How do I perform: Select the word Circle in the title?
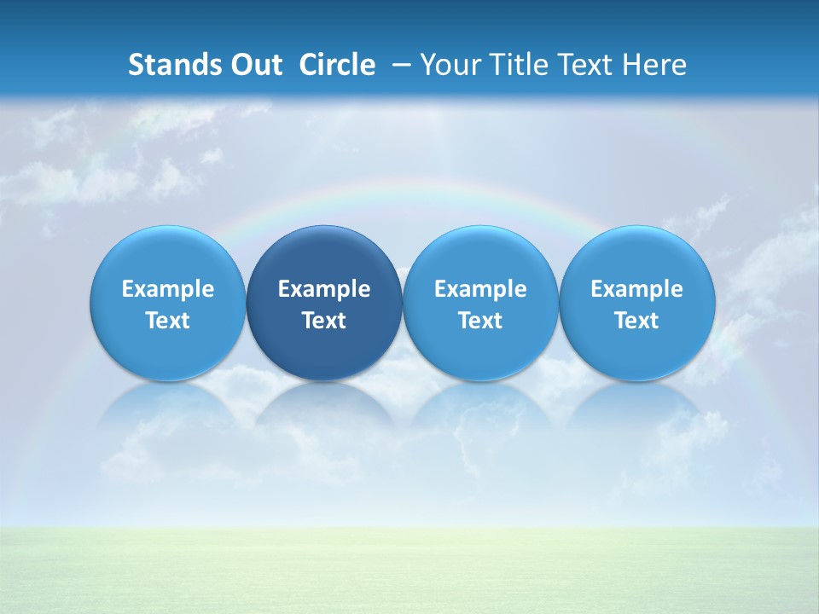(x=337, y=65)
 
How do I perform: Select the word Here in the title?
(x=654, y=65)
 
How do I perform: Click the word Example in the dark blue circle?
(x=324, y=289)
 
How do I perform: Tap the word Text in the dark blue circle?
(x=324, y=321)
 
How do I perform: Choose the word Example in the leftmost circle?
(x=168, y=289)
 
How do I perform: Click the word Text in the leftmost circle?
(x=168, y=321)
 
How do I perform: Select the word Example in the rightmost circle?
(x=636, y=289)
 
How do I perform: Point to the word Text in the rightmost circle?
(x=636, y=321)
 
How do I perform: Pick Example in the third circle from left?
(x=480, y=289)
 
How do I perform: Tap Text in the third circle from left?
(x=480, y=321)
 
